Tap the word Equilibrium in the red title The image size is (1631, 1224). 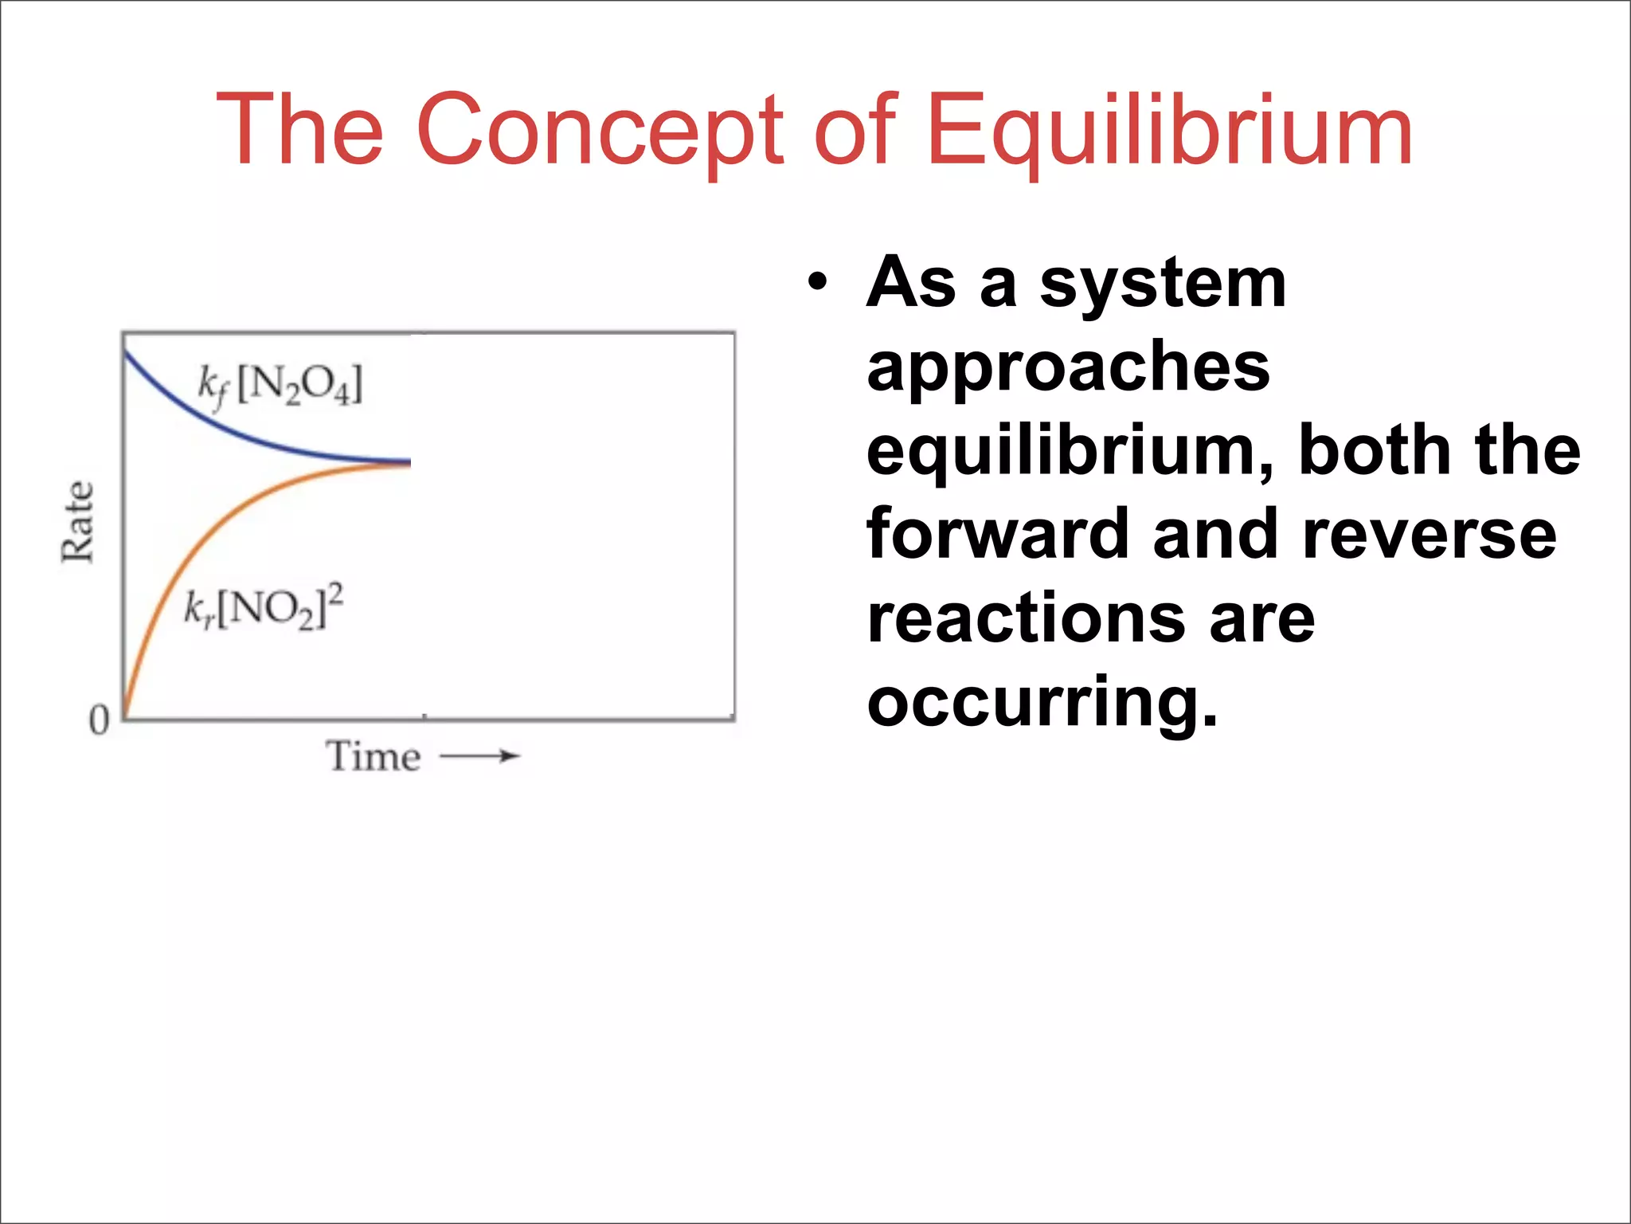(1169, 130)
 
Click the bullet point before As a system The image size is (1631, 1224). (817, 283)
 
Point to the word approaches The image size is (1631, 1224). (1068, 367)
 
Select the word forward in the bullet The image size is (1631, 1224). (996, 534)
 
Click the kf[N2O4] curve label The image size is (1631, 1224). (280, 385)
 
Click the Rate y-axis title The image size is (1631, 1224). (77, 522)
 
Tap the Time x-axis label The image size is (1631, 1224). (373, 756)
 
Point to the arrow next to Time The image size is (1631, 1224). (480, 756)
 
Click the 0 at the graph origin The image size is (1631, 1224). (99, 720)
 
